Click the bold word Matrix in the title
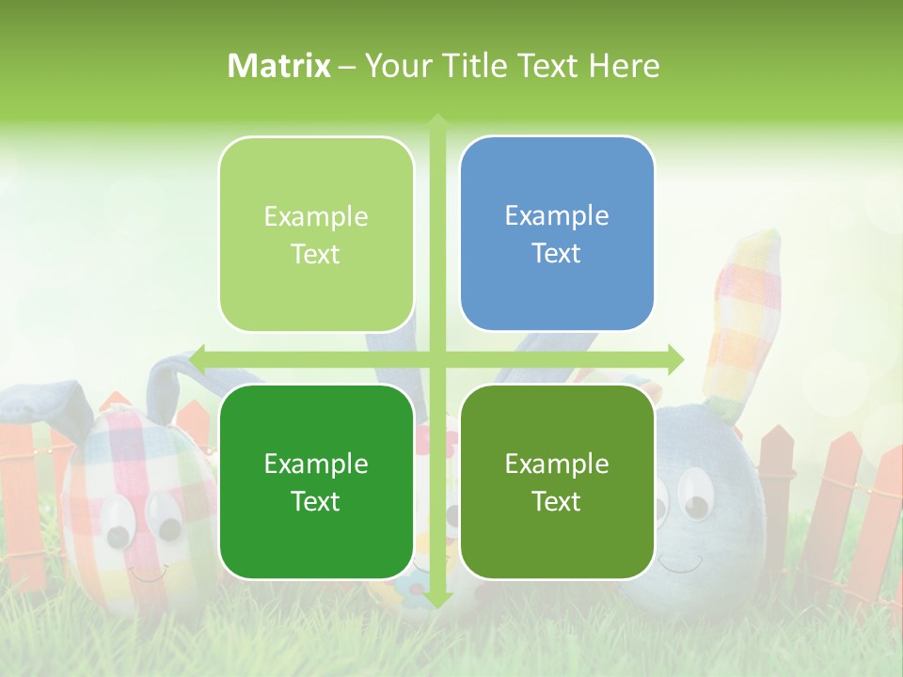[279, 66]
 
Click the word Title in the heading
[480, 66]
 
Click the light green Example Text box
[316, 234]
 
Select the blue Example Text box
[557, 233]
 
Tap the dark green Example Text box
[316, 481]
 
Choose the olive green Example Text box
[557, 481]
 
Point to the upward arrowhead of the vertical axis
[437, 121]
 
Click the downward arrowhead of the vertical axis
[437, 599]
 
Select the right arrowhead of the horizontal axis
[676, 358]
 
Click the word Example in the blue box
[557, 215]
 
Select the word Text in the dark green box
[316, 501]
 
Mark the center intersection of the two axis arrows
[437, 358]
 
